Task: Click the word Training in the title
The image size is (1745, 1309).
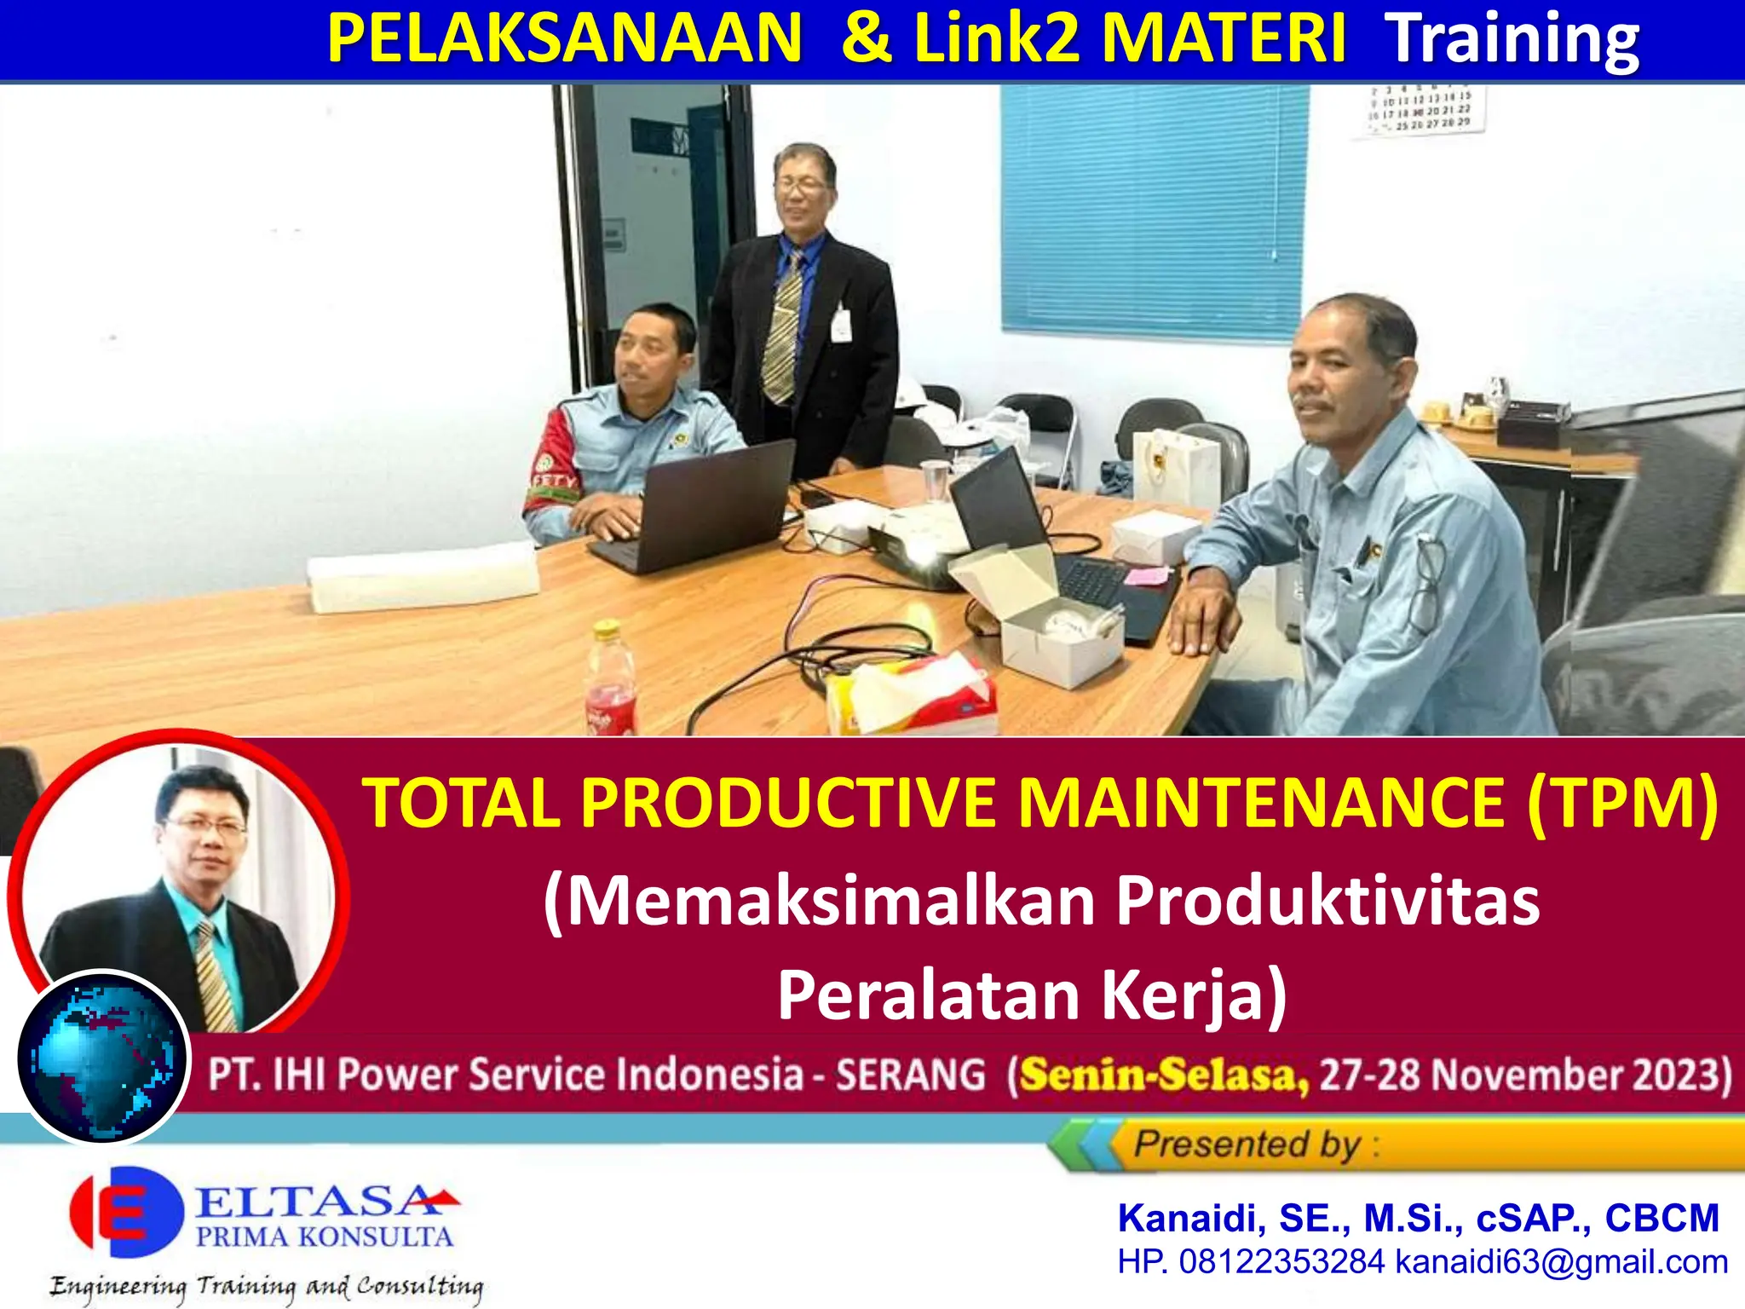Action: (x=1512, y=39)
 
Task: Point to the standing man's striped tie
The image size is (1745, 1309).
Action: (x=782, y=328)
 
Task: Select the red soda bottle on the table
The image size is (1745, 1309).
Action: (x=610, y=682)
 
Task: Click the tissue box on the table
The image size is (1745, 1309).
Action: (x=912, y=695)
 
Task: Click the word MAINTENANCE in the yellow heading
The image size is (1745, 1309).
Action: (x=1261, y=803)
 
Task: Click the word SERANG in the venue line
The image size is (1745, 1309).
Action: (x=910, y=1075)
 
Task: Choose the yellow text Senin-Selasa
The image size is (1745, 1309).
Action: (x=1164, y=1075)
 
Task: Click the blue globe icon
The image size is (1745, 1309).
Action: (x=102, y=1057)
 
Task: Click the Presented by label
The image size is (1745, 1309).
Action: (x=1248, y=1145)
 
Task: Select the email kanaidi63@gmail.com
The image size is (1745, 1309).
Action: (x=1561, y=1262)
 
